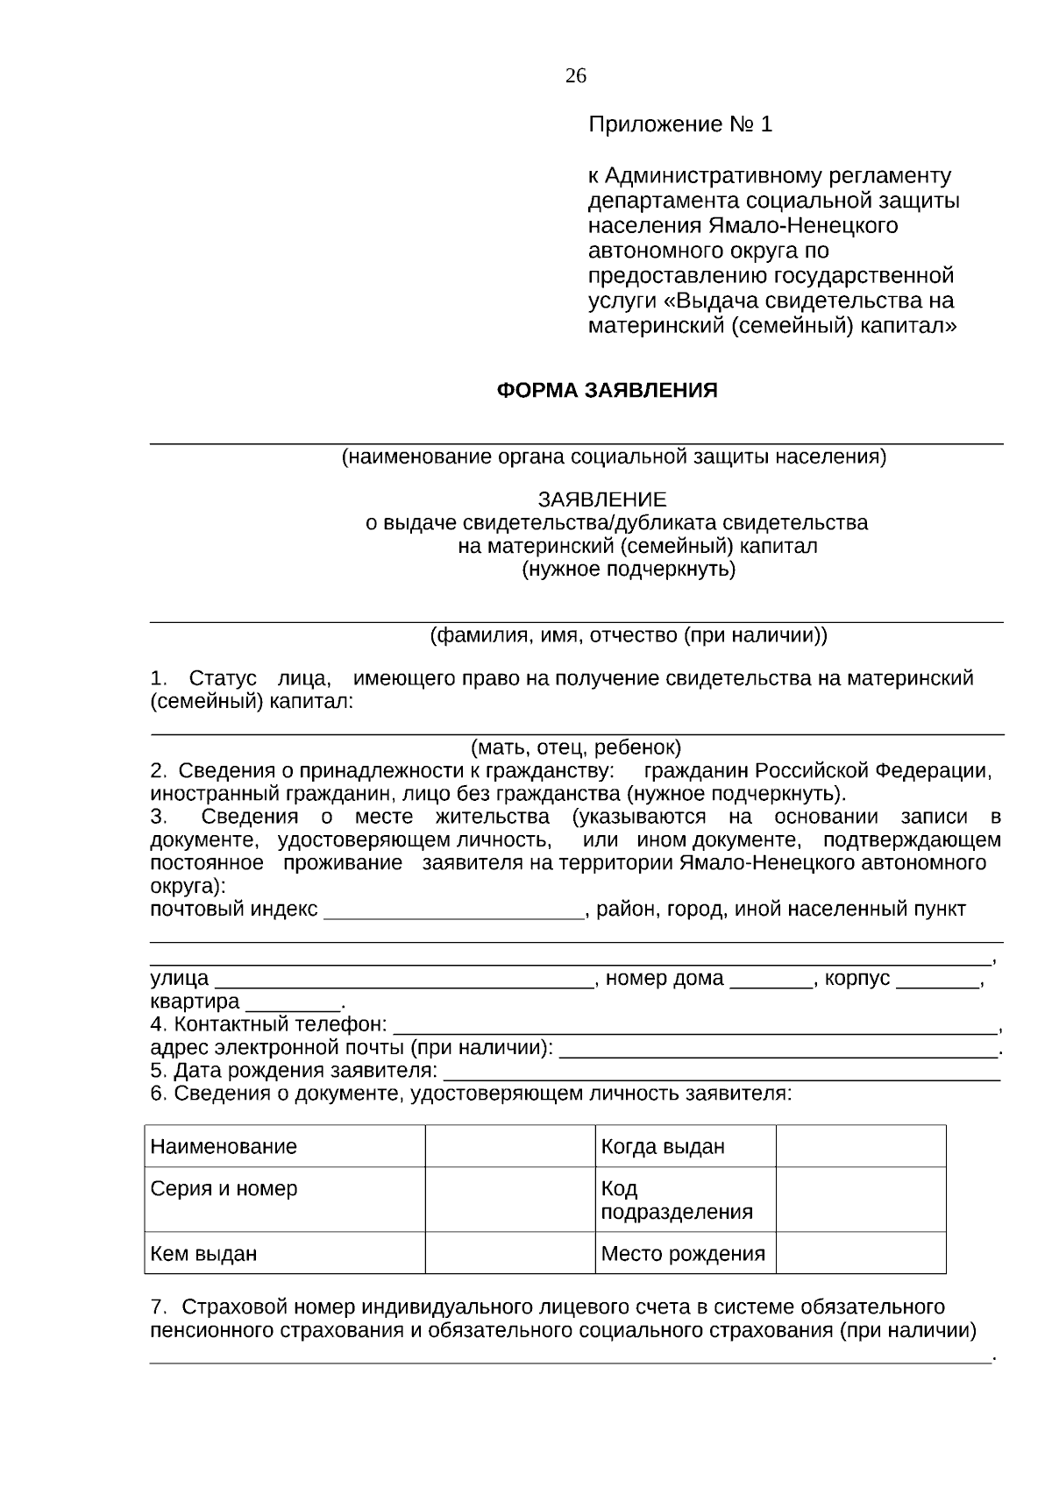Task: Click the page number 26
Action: tap(575, 75)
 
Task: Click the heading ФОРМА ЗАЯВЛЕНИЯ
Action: tap(607, 391)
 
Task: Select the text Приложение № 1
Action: tap(679, 124)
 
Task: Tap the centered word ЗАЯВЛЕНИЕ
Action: tap(601, 499)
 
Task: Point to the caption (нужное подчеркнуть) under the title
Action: tap(629, 570)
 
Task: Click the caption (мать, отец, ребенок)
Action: tap(576, 747)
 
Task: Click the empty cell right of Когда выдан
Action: tap(861, 1146)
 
